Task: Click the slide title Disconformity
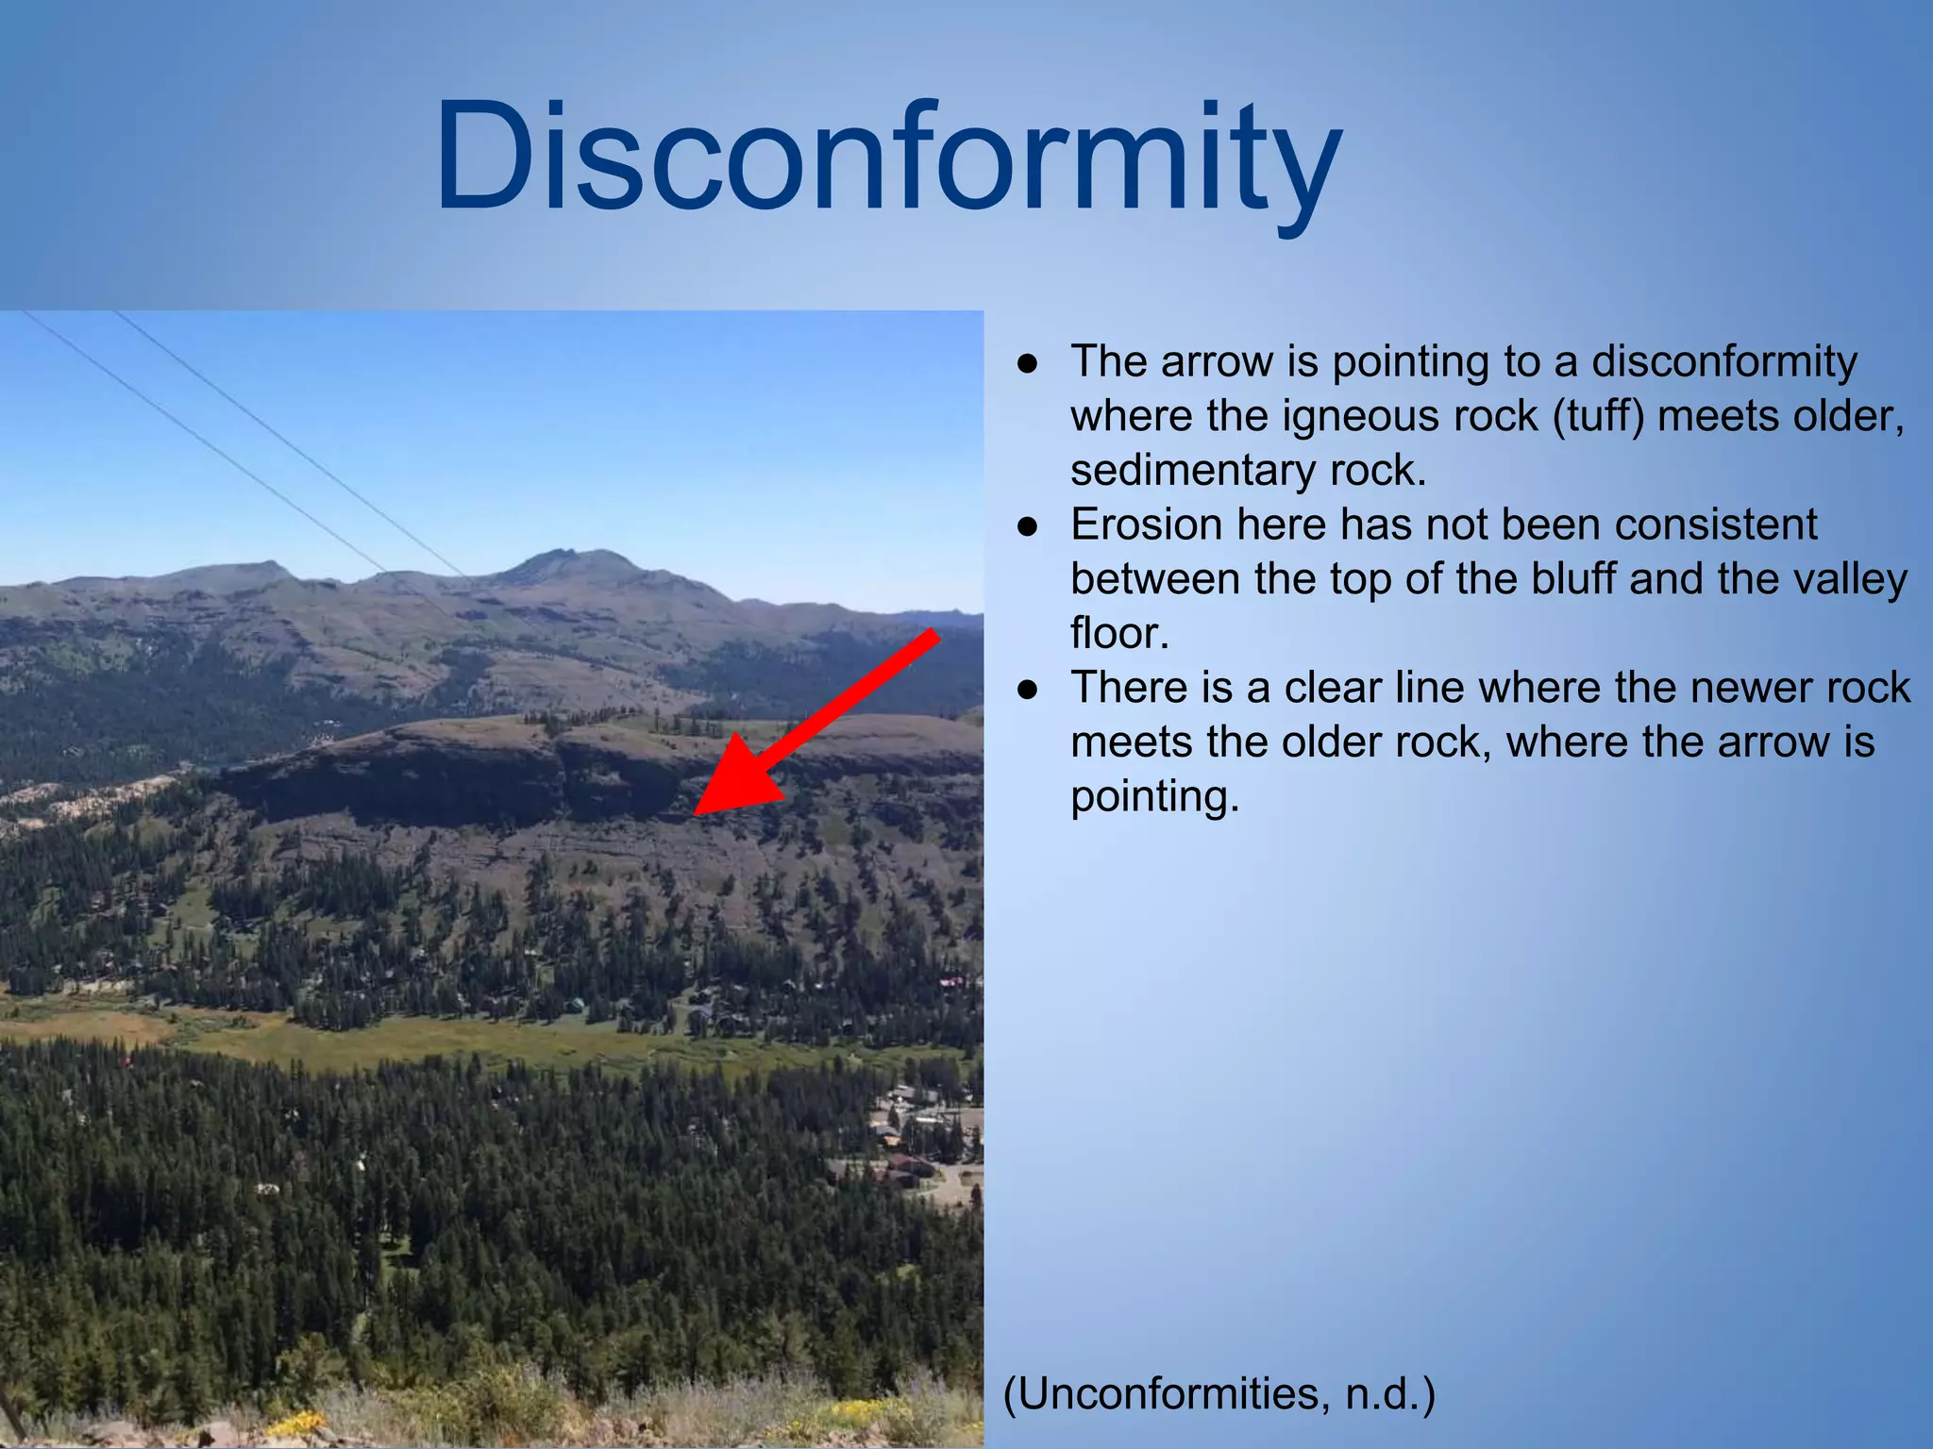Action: tap(887, 158)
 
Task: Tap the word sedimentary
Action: tap(1192, 470)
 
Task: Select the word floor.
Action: tap(1119, 633)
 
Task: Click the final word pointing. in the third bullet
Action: tap(1153, 796)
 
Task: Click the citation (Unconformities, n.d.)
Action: tap(1219, 1393)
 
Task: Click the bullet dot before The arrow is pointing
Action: tap(1028, 363)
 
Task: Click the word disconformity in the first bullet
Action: tap(1724, 361)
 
